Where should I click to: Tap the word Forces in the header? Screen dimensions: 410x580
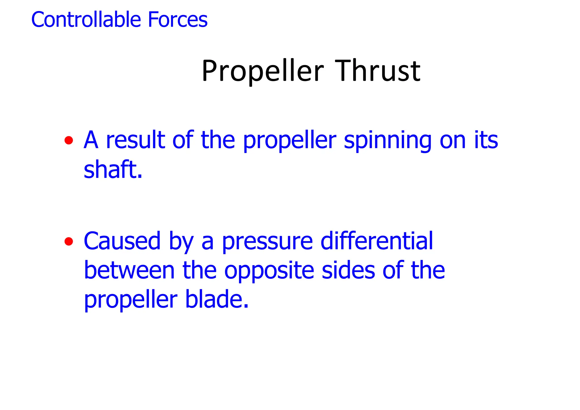[x=178, y=20]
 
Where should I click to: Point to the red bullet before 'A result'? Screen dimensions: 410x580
[x=69, y=140]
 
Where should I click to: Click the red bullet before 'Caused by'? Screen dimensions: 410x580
[x=69, y=241]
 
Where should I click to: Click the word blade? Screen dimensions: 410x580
[x=217, y=299]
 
